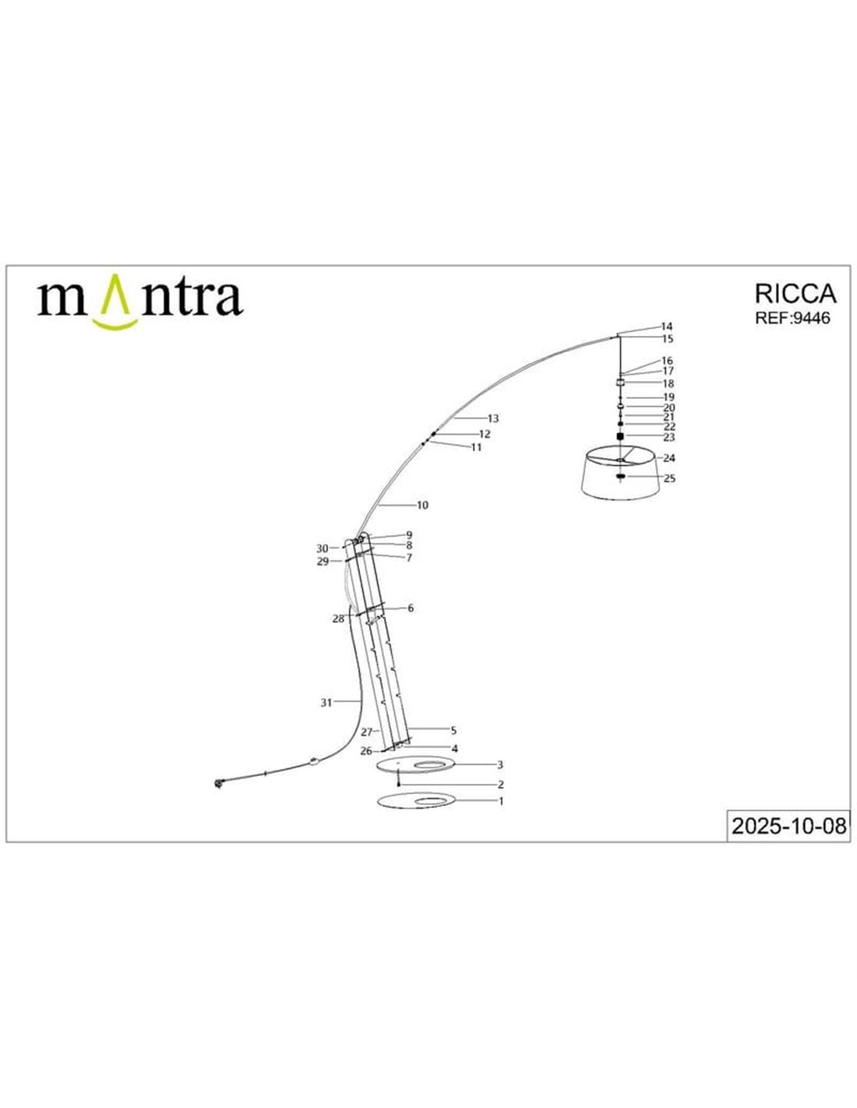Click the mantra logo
140,302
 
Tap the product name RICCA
795,295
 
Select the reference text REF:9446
792,318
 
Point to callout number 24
669,458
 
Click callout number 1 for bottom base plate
501,801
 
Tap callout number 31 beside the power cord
326,703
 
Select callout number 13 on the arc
493,418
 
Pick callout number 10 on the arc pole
422,506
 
